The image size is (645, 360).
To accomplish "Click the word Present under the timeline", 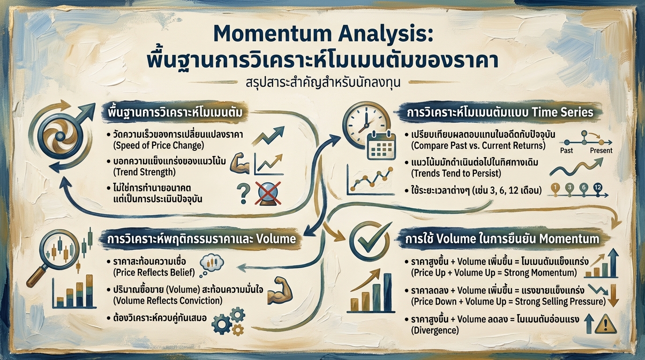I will (600, 150).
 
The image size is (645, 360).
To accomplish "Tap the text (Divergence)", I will (435, 330).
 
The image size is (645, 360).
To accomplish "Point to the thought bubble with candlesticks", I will (211, 264).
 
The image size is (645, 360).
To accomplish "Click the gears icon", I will (229, 320).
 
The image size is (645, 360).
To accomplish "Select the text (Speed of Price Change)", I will (158, 145).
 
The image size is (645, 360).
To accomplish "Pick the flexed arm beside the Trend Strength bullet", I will (239, 162).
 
